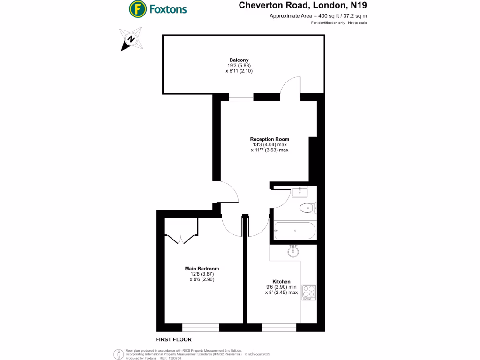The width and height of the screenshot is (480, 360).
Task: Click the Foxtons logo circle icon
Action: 137,8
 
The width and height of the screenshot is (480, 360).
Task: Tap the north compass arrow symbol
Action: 131,39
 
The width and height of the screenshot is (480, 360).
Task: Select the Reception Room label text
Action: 270,139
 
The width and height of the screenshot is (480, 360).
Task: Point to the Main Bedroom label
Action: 202,269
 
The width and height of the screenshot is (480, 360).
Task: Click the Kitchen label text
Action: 281,281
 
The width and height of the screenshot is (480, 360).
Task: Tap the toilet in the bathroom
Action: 307,207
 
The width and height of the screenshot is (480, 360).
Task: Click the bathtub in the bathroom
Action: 295,231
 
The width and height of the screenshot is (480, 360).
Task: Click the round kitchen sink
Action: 293,252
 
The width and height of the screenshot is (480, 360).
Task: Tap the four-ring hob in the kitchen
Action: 309,292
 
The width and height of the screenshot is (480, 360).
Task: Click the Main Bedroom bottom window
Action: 200,327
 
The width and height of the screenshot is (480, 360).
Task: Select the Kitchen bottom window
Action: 279,327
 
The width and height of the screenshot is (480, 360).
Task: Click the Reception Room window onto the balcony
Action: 241,97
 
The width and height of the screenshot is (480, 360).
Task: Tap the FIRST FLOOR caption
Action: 173,339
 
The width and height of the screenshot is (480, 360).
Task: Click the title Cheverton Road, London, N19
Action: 303,6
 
